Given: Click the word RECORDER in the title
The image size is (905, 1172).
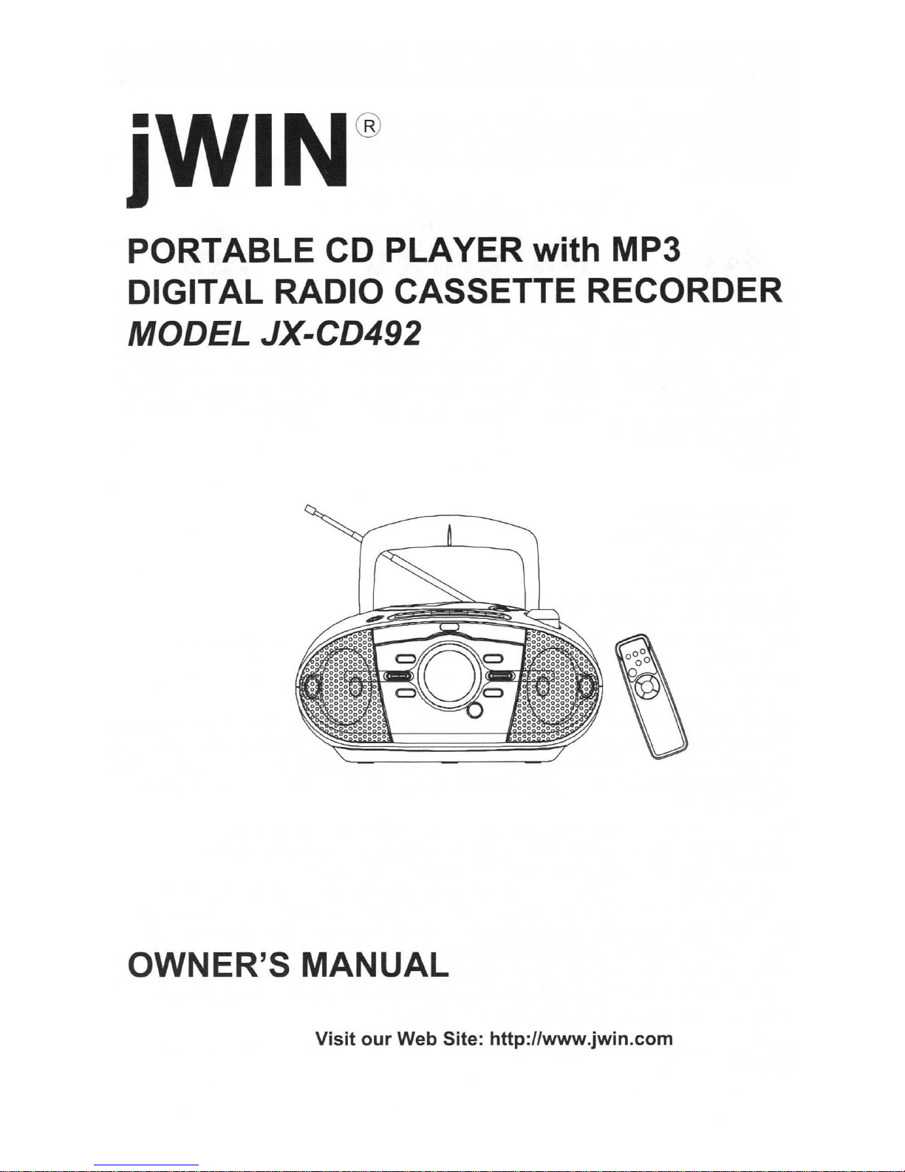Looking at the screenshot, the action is tap(684, 292).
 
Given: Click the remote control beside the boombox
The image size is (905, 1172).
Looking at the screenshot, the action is tap(652, 696).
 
